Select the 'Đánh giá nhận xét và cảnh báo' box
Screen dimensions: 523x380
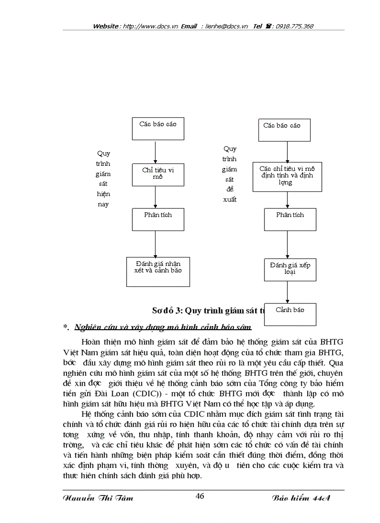(x=155, y=271)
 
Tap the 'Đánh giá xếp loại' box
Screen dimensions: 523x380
(x=290, y=269)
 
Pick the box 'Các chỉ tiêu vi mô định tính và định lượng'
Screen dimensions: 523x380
(x=287, y=177)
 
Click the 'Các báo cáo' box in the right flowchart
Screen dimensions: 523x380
(x=285, y=130)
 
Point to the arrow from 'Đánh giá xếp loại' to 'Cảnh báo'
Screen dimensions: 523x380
(x=287, y=292)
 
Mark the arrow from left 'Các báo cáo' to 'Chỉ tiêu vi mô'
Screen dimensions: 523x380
(x=155, y=151)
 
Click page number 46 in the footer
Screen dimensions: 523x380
(x=200, y=496)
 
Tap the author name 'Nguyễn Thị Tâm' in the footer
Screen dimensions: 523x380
(x=97, y=498)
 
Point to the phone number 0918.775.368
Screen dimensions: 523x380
(x=294, y=27)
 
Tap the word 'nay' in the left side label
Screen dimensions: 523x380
(x=103, y=204)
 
